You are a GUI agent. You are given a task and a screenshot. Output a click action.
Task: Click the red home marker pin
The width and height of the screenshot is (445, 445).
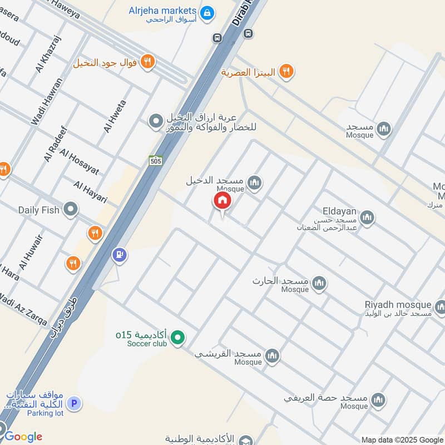(222, 201)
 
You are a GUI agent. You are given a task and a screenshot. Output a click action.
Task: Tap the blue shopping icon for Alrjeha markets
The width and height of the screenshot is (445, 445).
(207, 12)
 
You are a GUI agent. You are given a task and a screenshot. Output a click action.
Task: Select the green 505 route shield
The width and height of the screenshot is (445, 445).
(156, 161)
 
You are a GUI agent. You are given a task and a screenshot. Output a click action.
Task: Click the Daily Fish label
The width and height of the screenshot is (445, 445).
(38, 210)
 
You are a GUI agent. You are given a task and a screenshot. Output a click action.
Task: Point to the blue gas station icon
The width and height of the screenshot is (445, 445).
(119, 255)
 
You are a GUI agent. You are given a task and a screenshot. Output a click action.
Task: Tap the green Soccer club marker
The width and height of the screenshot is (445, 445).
(177, 337)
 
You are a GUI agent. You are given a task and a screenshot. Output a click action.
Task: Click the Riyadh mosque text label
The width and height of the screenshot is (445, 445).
(398, 304)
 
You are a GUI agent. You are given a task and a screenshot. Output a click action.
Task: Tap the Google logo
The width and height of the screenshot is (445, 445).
(23, 437)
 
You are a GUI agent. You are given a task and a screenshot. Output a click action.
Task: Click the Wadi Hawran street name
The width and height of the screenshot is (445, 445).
(47, 101)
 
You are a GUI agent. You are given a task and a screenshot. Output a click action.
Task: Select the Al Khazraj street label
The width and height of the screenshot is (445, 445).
(48, 54)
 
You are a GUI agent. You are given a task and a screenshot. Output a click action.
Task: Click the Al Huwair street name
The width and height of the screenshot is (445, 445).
(32, 248)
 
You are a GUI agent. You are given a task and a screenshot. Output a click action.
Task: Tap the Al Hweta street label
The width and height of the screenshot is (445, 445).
(115, 116)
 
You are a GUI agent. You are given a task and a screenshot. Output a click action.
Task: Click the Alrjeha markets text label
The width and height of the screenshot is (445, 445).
(162, 11)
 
